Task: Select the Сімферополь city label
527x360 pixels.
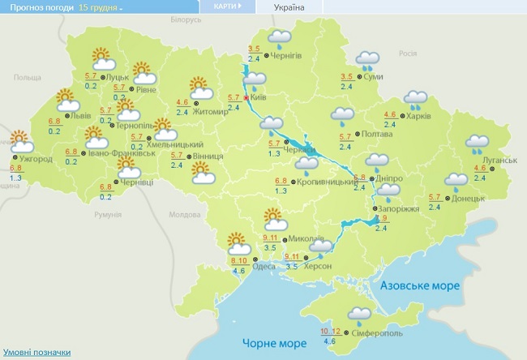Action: tap(378, 332)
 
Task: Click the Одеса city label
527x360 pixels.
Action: tap(264, 267)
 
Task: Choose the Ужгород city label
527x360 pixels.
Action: tap(37, 159)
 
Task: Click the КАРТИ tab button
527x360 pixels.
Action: tap(225, 6)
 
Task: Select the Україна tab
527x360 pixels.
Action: tap(289, 7)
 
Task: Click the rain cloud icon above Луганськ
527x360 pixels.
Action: tap(476, 144)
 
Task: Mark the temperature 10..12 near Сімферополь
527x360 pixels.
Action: tap(330, 332)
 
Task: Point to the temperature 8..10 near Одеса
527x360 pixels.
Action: tap(239, 260)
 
